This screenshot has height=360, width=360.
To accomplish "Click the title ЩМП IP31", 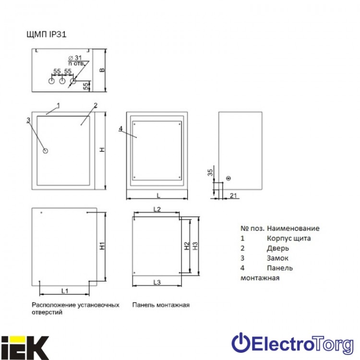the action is click(x=47, y=35).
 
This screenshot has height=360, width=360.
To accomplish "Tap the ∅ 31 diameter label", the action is click(x=75, y=58).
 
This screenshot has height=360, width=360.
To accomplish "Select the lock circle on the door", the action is click(x=46, y=151).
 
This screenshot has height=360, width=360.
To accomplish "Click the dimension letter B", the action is click(x=102, y=70).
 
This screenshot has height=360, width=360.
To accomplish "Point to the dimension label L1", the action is click(x=65, y=291).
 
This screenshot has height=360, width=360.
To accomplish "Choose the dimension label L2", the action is click(x=157, y=209).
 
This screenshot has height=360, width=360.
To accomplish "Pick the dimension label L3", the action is click(x=157, y=282).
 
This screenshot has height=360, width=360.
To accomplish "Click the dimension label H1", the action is click(x=102, y=246).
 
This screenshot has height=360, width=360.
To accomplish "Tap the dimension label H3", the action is click(x=195, y=246).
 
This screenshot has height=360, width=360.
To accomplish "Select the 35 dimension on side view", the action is click(x=210, y=172).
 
